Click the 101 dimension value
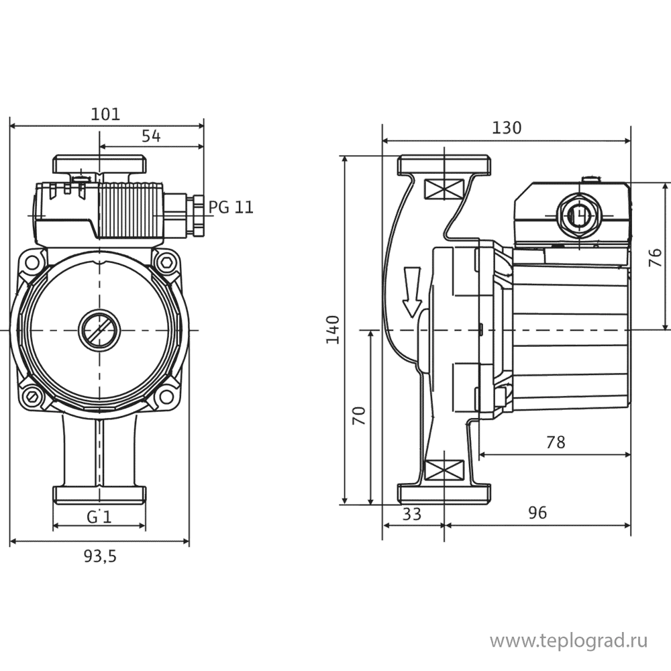[x=106, y=114]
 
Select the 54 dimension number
[x=151, y=136]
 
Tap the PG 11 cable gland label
[x=231, y=207]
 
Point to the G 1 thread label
[x=99, y=517]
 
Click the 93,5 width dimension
[x=100, y=556]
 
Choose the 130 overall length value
[x=507, y=128]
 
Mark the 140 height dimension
[x=333, y=329]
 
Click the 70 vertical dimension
[x=358, y=415]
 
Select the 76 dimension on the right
[x=655, y=257]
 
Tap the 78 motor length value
[x=556, y=442]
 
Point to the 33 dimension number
[x=412, y=513]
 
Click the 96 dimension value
[x=537, y=512]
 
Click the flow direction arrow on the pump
[x=412, y=292]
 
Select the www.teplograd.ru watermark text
[x=569, y=641]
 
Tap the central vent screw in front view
[x=99, y=330]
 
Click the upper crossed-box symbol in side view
[x=444, y=189]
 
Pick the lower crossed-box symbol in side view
[x=444, y=470]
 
